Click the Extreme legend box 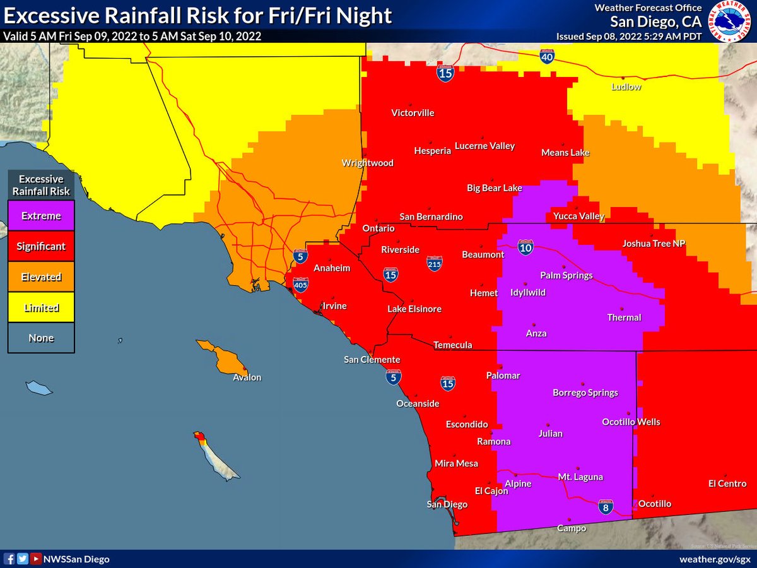coord(41,216)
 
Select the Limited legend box coord(41,308)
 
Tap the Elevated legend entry coord(41,277)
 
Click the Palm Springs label coord(566,275)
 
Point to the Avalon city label coord(247,377)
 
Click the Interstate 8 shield coord(606,506)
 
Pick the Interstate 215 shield coord(434,262)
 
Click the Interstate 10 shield coord(525,246)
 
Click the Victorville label coord(413,113)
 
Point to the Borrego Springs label coord(585,393)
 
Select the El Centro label coord(727,484)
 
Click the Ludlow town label coord(626,86)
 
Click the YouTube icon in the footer coord(37,559)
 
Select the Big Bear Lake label coord(494,188)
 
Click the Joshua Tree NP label coord(654,243)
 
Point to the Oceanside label coord(418,404)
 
